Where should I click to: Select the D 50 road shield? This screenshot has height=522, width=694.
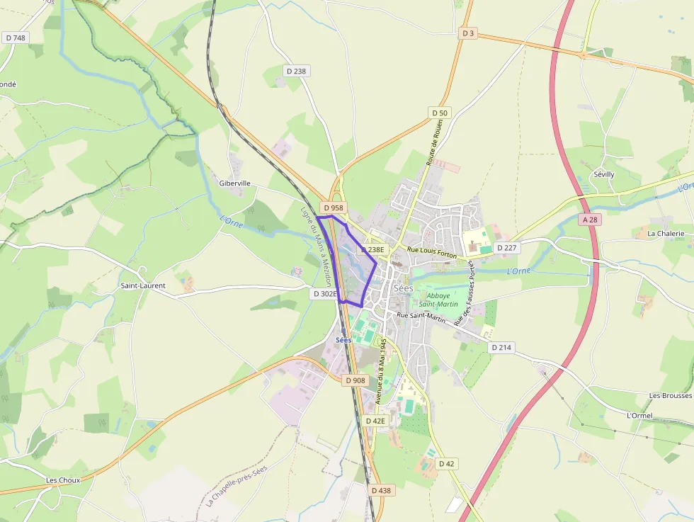coord(440,113)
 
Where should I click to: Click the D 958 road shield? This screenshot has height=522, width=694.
coord(332,208)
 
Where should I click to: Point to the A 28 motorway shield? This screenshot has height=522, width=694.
coord(591,220)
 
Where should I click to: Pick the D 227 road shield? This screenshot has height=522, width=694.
coord(506,248)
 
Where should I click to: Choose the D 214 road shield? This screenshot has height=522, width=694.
coord(501,347)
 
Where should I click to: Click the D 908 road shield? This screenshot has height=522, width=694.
coord(356,380)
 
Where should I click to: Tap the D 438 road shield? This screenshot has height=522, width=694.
coord(380,490)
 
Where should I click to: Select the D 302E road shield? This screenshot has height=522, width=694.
coord(324,293)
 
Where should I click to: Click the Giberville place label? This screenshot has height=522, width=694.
coord(235,183)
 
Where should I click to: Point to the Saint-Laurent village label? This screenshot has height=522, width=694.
coord(143,286)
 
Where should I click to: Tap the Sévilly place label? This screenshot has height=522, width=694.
coord(604,174)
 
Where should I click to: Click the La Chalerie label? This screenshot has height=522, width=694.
coord(666,233)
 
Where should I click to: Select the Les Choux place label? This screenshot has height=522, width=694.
coord(63,480)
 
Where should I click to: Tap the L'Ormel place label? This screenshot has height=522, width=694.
coord(639,415)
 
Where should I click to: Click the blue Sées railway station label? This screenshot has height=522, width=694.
coord(343,340)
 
